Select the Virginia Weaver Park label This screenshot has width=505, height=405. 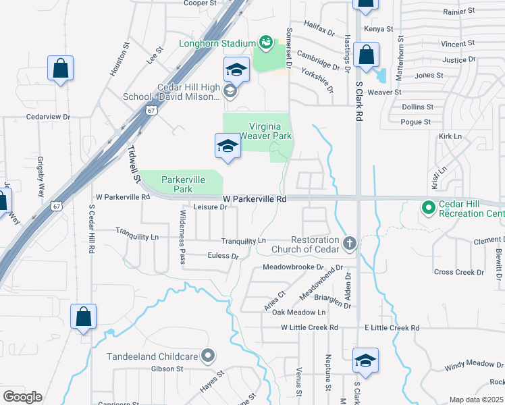270,131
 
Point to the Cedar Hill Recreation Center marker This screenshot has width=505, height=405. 427,207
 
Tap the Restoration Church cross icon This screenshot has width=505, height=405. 349,242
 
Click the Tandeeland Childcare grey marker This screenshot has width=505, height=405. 209,355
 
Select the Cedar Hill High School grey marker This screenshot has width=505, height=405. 230,92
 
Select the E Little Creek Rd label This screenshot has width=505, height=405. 392,327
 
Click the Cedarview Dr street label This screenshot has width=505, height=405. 48,116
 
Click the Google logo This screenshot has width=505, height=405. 23,397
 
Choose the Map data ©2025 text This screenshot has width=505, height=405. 475,400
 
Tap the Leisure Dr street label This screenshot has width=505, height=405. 210,207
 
